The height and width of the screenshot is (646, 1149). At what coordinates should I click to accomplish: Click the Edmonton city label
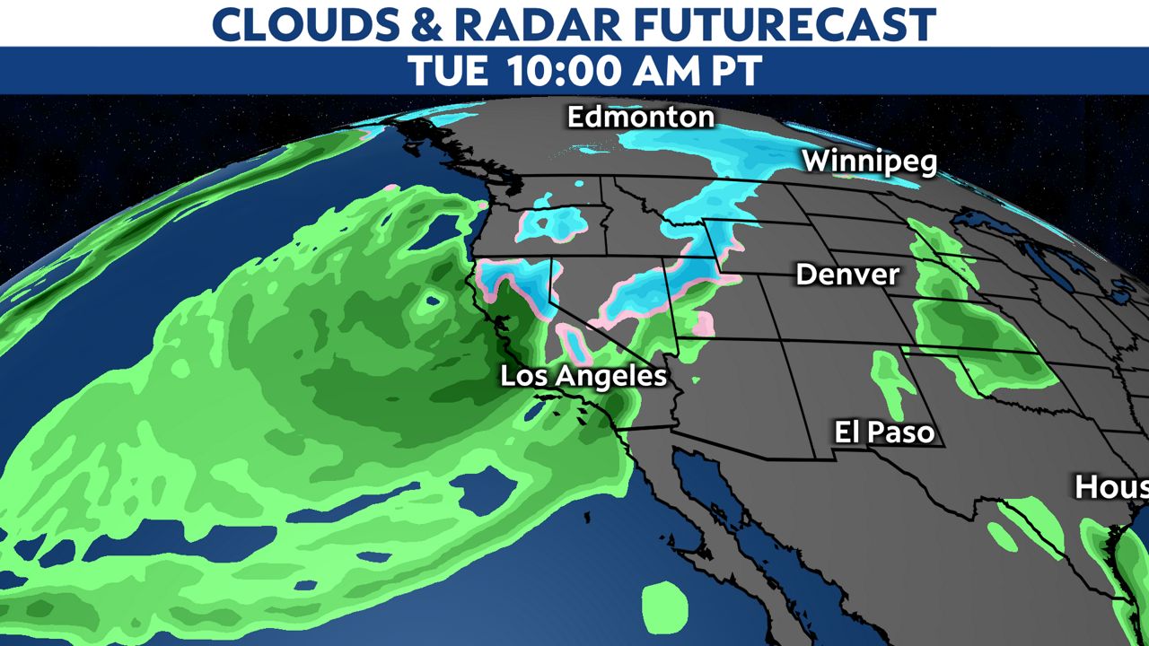[641, 118]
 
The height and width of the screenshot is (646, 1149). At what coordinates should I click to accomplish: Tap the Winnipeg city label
[869, 162]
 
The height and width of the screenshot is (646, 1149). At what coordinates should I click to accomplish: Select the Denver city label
[846, 274]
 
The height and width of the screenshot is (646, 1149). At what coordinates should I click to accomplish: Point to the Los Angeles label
[583, 376]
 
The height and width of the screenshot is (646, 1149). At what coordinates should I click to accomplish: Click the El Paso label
[884, 433]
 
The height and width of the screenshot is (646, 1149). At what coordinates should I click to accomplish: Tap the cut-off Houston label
[1111, 487]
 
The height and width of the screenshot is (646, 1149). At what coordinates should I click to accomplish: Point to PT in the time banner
[736, 71]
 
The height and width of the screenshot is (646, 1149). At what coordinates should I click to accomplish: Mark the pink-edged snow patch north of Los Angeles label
[574, 342]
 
